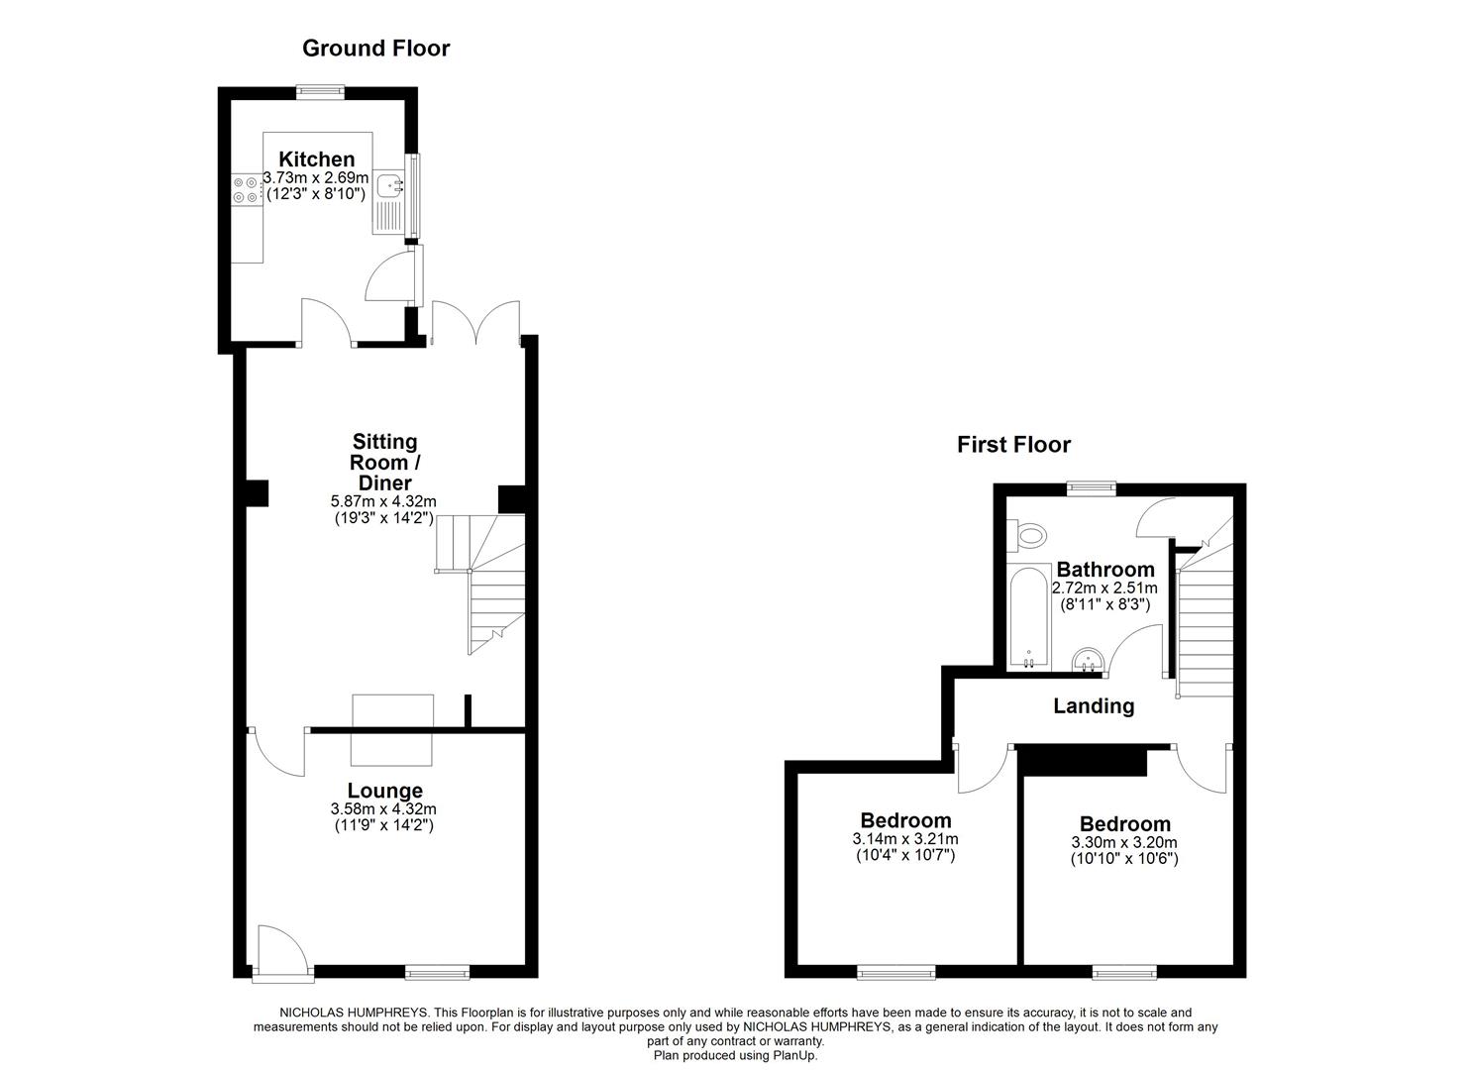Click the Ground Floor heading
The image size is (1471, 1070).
(x=375, y=48)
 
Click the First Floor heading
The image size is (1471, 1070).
(x=1013, y=445)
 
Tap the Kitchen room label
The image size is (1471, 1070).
(x=316, y=160)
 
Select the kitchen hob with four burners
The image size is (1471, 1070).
(x=246, y=189)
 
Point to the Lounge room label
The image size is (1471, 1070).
(x=384, y=791)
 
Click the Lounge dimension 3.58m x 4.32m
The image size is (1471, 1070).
(x=383, y=809)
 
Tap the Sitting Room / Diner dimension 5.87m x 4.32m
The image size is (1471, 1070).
(x=384, y=502)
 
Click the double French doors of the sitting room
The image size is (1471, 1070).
(x=476, y=322)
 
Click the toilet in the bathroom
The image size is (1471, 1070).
(x=1027, y=536)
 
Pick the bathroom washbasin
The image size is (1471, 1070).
(x=1089, y=659)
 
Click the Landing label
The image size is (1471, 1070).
(x=1093, y=706)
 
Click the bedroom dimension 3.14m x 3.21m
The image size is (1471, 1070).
(x=905, y=838)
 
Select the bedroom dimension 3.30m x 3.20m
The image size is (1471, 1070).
(x=1124, y=842)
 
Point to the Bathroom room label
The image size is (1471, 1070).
(x=1104, y=570)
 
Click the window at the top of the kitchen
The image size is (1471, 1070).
(x=322, y=92)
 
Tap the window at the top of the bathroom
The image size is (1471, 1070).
(x=1091, y=486)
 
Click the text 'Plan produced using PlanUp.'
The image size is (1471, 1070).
(x=735, y=1056)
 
